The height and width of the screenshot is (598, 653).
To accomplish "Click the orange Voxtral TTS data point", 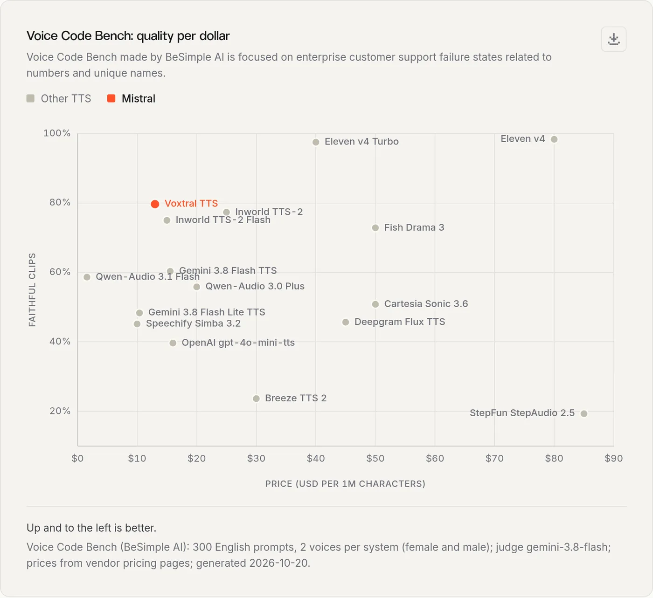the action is tap(155, 204).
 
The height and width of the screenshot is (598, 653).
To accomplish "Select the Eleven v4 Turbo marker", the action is tap(316, 142).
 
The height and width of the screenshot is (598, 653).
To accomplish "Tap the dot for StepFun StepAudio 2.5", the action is tap(584, 413).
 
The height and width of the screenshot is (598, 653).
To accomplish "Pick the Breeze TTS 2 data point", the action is tap(256, 399).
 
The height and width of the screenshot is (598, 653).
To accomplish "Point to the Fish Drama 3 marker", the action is tap(375, 228).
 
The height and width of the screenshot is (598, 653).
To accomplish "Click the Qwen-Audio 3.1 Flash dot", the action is tap(87, 277).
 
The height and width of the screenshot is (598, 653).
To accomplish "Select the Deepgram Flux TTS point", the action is tap(346, 322).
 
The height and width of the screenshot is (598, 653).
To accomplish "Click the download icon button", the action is tap(614, 39).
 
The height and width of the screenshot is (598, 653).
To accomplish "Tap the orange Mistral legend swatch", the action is tap(111, 98).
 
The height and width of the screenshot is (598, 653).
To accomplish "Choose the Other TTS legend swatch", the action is tap(31, 98).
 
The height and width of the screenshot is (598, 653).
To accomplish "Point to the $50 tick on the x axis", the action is tap(375, 459).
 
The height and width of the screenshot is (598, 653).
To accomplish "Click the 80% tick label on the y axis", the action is tap(60, 202).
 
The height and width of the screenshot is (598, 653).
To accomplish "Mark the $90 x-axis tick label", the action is tap(614, 459).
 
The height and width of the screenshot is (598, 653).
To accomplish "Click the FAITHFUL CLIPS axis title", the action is tap(32, 290).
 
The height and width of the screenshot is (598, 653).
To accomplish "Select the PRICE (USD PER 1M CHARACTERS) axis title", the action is tap(345, 484).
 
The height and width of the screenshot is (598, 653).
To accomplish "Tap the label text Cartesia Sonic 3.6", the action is tap(426, 303).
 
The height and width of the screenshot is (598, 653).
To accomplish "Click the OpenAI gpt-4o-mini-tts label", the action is tap(238, 343).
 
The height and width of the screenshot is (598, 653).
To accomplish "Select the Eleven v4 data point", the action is tap(554, 139).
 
